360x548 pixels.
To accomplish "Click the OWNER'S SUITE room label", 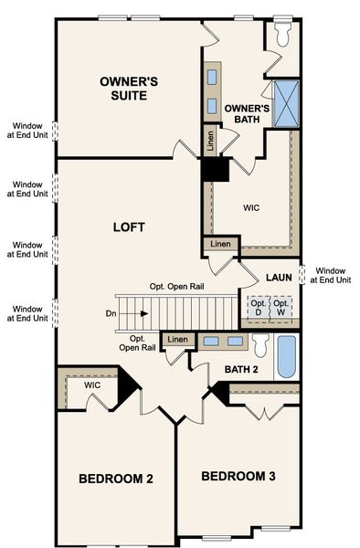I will pyautogui.click(x=128, y=88).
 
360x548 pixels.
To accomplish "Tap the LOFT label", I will pyautogui.click(x=128, y=226).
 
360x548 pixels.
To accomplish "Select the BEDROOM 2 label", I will pyautogui.click(x=114, y=479).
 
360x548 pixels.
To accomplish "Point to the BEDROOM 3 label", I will pyautogui.click(x=238, y=476).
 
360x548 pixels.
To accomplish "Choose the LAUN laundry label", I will pyautogui.click(x=278, y=277).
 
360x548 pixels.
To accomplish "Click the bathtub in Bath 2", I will pyautogui.click(x=286, y=356).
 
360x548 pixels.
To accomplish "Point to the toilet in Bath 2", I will pyautogui.click(x=259, y=346).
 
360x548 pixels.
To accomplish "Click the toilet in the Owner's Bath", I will pyautogui.click(x=282, y=34).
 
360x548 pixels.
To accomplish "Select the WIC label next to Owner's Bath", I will pyautogui.click(x=251, y=207).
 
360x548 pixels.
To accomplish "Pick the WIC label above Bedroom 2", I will pyautogui.click(x=92, y=385).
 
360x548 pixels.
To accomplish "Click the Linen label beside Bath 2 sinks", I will pyautogui.click(x=177, y=341).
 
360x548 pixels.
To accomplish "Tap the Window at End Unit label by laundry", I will pyautogui.click(x=331, y=275).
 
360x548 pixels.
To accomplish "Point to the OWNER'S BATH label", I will pyautogui.click(x=247, y=113).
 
